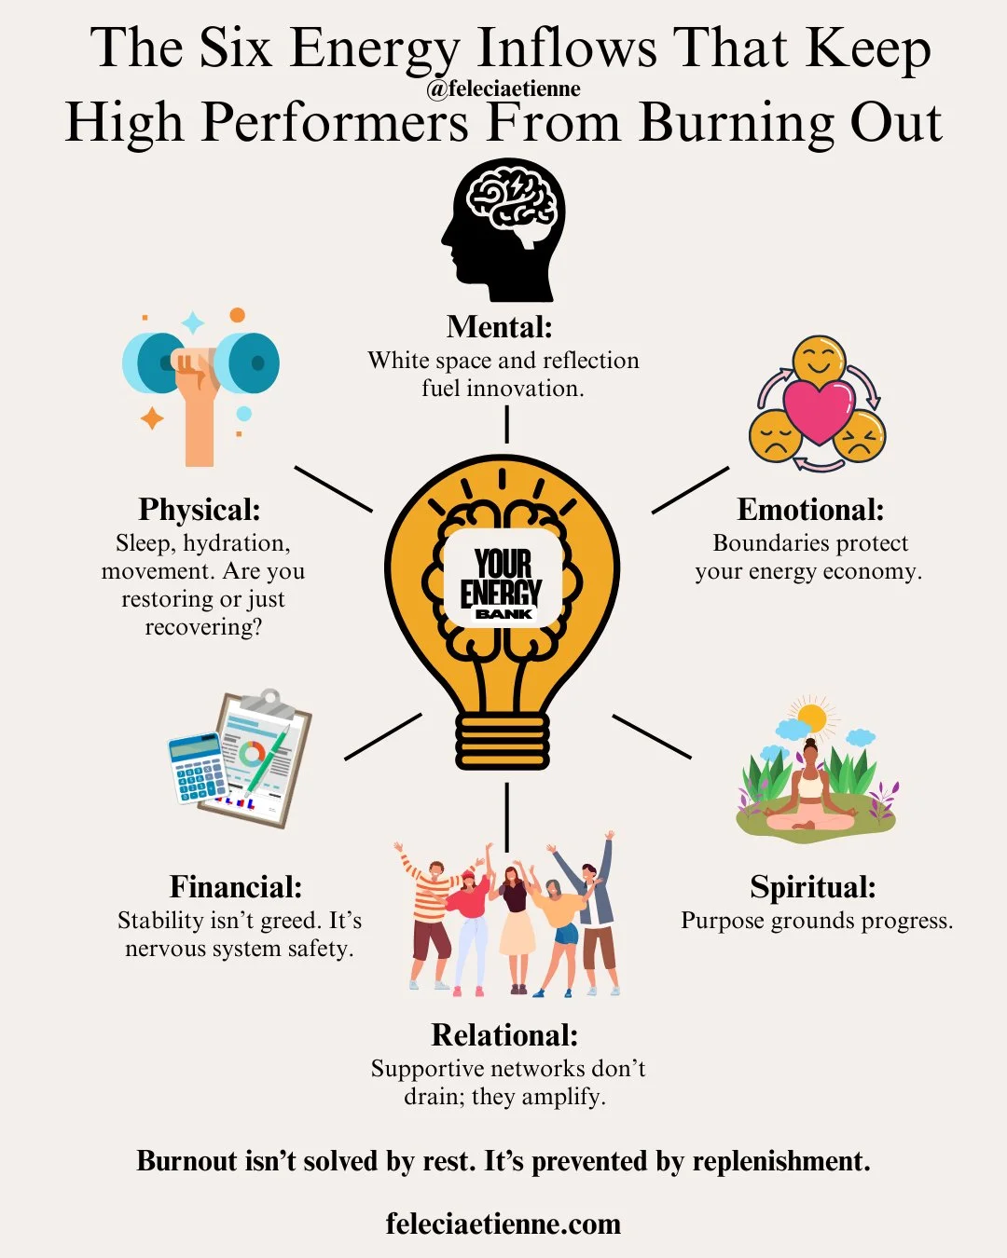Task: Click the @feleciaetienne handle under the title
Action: pyautogui.click(x=504, y=89)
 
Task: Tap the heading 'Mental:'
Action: pyautogui.click(x=500, y=327)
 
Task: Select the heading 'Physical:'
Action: pyautogui.click(x=200, y=510)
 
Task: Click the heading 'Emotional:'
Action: pyautogui.click(x=810, y=510)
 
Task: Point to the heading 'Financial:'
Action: pyautogui.click(x=236, y=886)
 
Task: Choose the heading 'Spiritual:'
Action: pyautogui.click(x=813, y=886)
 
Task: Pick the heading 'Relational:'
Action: pyautogui.click(x=504, y=1035)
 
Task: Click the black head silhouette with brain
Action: pyautogui.click(x=504, y=229)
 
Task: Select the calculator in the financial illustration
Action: pyautogui.click(x=198, y=768)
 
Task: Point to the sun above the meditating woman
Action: pyautogui.click(x=811, y=718)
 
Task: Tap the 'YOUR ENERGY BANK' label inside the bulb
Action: pyautogui.click(x=503, y=581)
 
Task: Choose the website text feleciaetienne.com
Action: pyautogui.click(x=504, y=1224)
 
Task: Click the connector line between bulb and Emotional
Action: pyautogui.click(x=690, y=490)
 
